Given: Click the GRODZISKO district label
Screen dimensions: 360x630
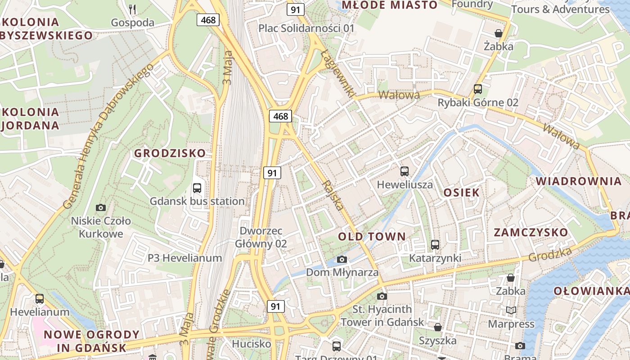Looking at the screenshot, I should pos(170,153).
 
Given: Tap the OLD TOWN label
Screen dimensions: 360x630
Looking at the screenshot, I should pos(372,236).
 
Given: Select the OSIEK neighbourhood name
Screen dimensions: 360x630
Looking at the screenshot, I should pos(461,193).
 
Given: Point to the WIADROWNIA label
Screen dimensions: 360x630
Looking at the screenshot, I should pos(578,181).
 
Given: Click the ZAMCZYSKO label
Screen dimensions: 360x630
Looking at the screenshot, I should pos(531,232).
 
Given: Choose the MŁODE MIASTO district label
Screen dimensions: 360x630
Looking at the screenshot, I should pos(390,5).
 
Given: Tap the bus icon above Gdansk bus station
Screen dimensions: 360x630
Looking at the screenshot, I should pos(197,188).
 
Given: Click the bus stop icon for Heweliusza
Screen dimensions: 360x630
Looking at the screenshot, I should pos(405,171).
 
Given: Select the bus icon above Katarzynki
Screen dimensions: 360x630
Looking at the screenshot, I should pos(435,245).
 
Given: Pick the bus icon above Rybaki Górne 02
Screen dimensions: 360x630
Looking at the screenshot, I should pos(478,89).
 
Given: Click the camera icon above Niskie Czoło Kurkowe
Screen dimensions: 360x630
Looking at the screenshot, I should pos(101,207).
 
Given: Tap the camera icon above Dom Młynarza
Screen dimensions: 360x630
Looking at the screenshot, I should pos(342,259).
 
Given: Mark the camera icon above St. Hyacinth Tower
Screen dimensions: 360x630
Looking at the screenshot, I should pos(382,296).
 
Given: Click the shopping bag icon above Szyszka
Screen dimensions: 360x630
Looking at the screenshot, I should pos(437,327).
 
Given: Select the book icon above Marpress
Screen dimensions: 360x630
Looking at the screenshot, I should pos(511,310).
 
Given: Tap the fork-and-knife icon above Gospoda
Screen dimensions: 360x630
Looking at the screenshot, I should pos(132,9).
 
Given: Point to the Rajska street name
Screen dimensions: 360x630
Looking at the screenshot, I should pos(333,195).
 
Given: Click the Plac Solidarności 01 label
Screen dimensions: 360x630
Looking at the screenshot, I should pos(306,28).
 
